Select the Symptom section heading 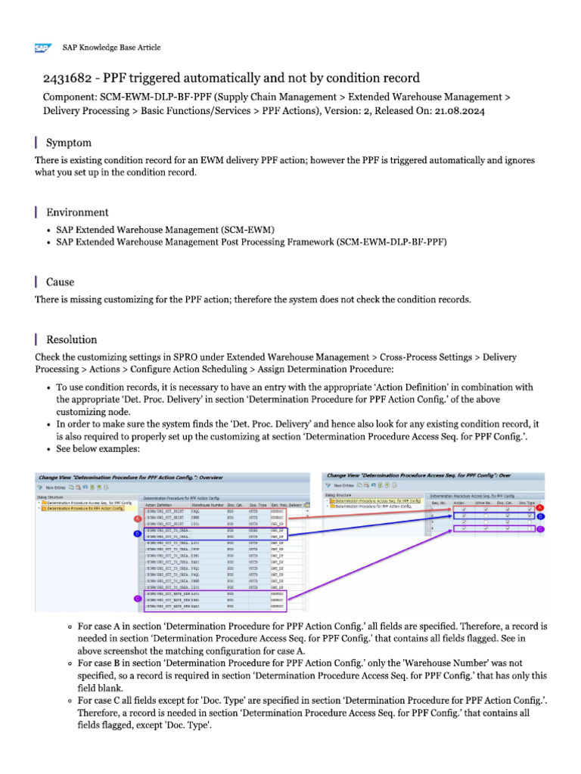(69, 143)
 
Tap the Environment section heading (77, 212)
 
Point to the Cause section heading (60, 282)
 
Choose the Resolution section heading (71, 340)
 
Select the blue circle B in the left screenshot (137, 532)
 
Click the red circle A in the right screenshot (539, 507)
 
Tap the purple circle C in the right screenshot (539, 529)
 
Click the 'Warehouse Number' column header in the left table (207, 504)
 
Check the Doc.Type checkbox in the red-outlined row (529, 509)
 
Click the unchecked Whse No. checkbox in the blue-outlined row (485, 515)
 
